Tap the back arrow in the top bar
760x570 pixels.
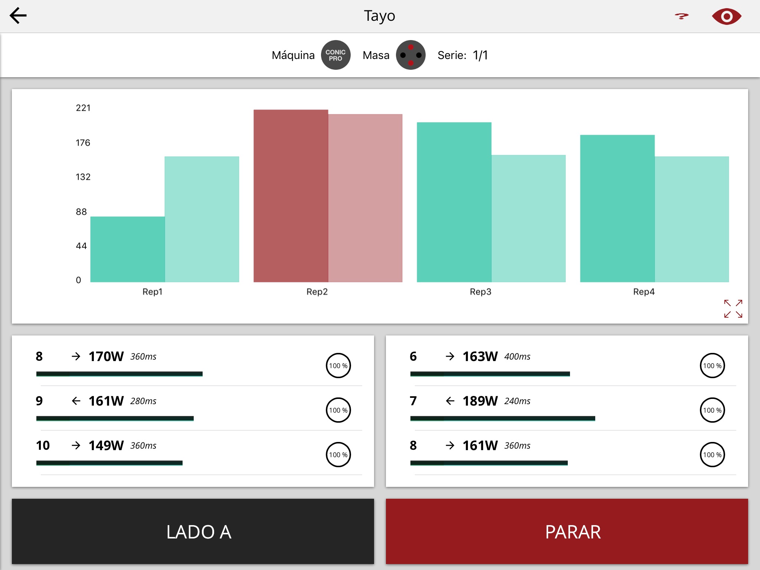[18, 16]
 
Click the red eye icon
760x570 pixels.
[726, 16]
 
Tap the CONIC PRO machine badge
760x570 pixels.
[335, 55]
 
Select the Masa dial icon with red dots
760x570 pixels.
[410, 55]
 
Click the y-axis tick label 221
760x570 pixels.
[83, 108]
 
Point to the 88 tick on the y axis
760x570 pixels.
[81, 212]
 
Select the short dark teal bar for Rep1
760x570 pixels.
[127, 249]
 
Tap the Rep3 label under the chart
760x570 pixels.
[480, 292]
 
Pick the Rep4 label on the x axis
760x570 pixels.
[643, 292]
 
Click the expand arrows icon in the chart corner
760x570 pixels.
[733, 309]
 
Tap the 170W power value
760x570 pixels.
[106, 357]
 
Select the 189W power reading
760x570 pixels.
[480, 401]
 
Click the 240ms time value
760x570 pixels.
[517, 401]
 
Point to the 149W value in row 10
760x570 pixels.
[106, 446]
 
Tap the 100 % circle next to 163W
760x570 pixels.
[712, 366]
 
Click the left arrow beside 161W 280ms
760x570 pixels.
[76, 401]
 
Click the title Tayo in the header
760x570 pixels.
[379, 16]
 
